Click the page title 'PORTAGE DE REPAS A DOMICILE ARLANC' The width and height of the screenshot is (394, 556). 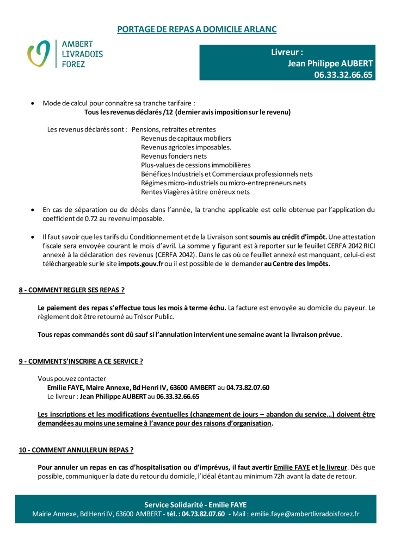coord(196,29)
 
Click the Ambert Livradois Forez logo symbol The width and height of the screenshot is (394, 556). coord(39,54)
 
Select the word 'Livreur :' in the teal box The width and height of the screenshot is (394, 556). coord(287,52)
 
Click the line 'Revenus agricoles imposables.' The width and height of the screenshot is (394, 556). coord(186,147)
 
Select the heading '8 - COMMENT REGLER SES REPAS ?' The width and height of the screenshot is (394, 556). coord(72,290)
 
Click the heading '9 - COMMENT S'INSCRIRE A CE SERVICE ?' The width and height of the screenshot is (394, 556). coord(81,361)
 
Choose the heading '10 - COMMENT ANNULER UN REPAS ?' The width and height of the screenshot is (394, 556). coord(76,450)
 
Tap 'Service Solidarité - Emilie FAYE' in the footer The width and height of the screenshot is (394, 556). coord(195,504)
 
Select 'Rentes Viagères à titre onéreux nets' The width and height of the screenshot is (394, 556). coord(195,192)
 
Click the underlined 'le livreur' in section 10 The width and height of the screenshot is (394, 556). coord(333,467)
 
